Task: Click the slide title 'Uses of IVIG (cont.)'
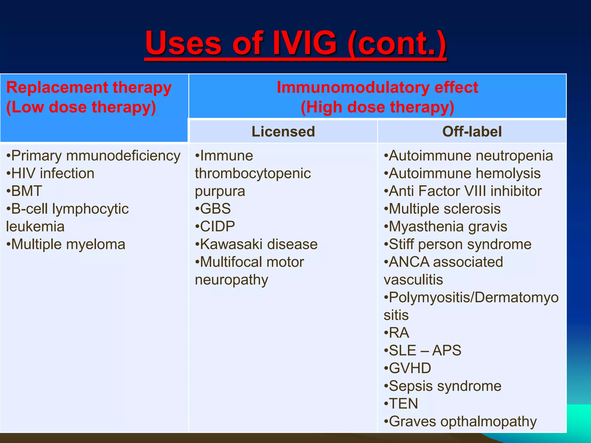pyautogui.click(x=296, y=43)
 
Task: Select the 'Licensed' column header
pyautogui.click(x=283, y=132)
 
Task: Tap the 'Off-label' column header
pyautogui.click(x=472, y=132)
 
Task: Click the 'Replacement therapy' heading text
pyautogui.click(x=89, y=87)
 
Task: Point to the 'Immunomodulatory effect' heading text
pyautogui.click(x=377, y=87)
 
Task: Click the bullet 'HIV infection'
pyautogui.click(x=51, y=173)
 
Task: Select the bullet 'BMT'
pyautogui.click(x=25, y=191)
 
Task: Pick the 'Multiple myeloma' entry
pyautogui.click(x=66, y=244)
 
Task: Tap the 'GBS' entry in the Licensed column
pyautogui.click(x=213, y=209)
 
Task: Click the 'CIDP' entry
pyautogui.click(x=215, y=226)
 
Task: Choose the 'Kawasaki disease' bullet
pyautogui.click(x=257, y=244)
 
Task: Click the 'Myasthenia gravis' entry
pyautogui.click(x=446, y=226)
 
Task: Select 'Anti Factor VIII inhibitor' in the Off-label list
pyautogui.click(x=463, y=191)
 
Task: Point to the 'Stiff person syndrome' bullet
pyautogui.click(x=458, y=244)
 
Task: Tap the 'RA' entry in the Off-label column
pyautogui.click(x=397, y=333)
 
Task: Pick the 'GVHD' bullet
pyautogui.click(x=408, y=368)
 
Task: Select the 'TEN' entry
pyautogui.click(x=401, y=403)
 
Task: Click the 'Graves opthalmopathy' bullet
pyautogui.click(x=461, y=421)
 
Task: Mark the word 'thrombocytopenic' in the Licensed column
pyautogui.click(x=253, y=173)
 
